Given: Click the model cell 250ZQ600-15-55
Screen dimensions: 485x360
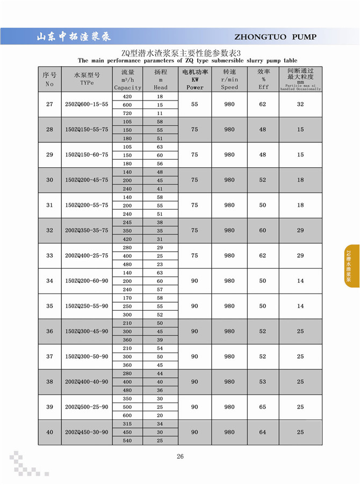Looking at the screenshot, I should (x=87, y=104).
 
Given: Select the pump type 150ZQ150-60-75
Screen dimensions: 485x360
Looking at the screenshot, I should (x=87, y=155).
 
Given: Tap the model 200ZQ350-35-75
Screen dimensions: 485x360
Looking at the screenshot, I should (x=87, y=230).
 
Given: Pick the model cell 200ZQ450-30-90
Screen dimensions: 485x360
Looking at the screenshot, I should (x=87, y=432).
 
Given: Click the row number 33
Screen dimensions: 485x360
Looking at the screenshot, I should (x=49, y=255).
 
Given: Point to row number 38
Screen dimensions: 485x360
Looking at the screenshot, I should (x=49, y=382).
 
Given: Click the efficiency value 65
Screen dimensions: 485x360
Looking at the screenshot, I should (x=263, y=407).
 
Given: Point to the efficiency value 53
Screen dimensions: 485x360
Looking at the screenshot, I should (x=263, y=382).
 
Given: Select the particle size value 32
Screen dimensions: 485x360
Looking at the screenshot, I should (x=300, y=104).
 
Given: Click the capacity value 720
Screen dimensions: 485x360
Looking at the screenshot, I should (x=128, y=113).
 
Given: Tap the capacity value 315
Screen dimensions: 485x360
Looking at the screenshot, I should (x=128, y=424).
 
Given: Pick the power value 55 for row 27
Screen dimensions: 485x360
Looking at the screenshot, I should (x=195, y=104).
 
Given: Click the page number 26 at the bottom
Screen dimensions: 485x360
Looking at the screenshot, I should (x=180, y=457).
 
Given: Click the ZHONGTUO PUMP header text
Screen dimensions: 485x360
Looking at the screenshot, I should (x=276, y=37).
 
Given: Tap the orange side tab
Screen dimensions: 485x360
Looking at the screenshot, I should (x=351, y=266).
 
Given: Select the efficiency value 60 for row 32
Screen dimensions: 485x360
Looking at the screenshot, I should (x=263, y=230).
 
